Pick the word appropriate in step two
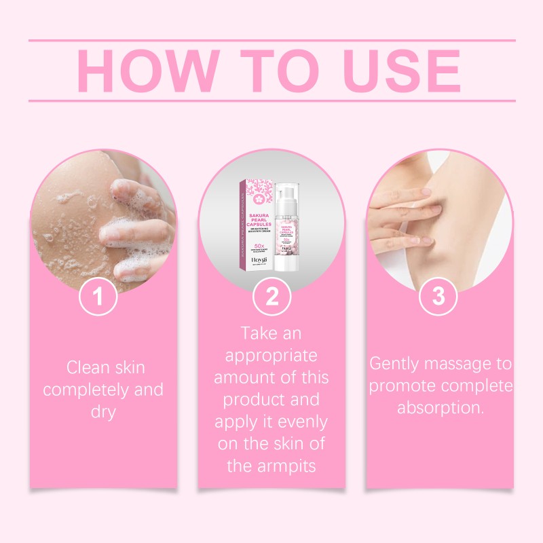271,356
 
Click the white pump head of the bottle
288,193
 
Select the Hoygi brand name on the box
259,259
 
